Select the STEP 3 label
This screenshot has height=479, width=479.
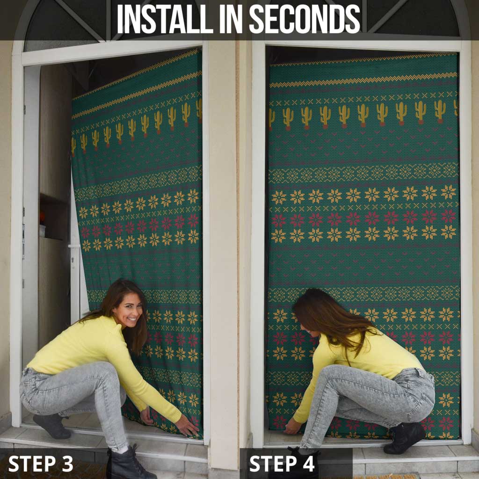click(x=41, y=464)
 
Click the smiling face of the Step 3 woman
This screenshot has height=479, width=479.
click(x=127, y=309)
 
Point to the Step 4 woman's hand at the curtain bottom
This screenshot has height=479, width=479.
click(x=293, y=427)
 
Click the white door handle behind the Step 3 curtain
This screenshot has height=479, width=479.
click(x=75, y=247)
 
